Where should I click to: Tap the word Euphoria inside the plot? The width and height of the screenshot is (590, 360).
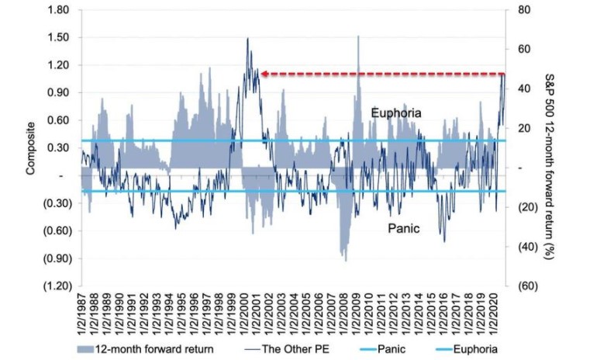pos(395,113)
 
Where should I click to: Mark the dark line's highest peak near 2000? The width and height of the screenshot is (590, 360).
pos(247,39)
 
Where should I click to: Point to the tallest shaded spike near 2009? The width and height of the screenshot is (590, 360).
pos(358,36)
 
